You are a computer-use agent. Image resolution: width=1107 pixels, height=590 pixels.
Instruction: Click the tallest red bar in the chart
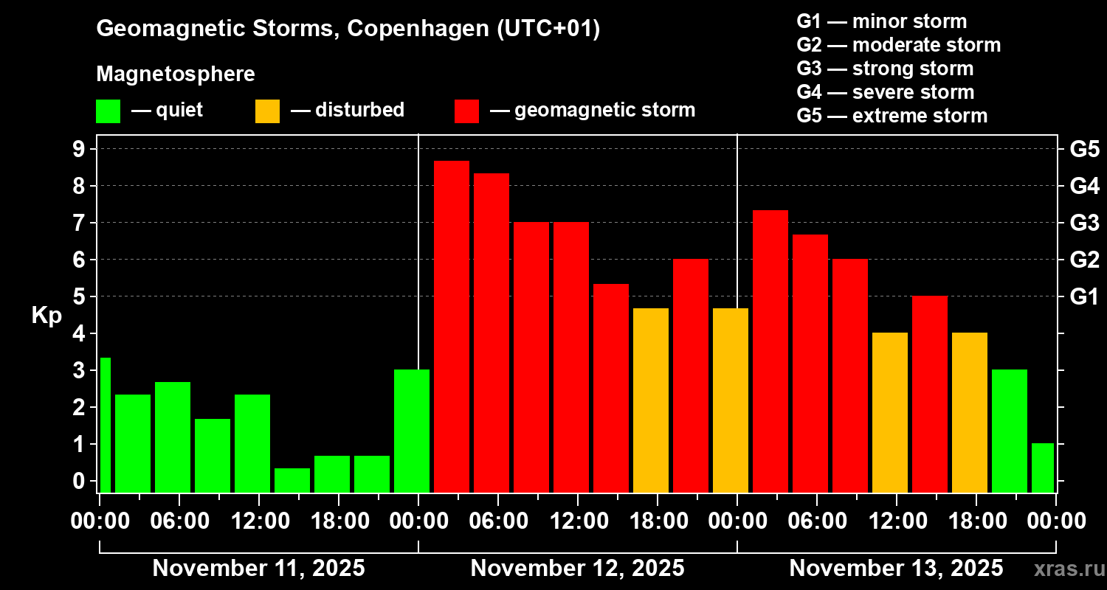pos(452,324)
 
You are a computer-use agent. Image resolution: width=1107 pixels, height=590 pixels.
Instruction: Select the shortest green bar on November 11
pos(292,480)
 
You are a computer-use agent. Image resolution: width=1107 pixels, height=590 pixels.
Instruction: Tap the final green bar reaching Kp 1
pos(1042,468)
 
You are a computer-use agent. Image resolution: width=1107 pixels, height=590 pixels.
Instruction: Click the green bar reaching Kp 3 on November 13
pos(1010,431)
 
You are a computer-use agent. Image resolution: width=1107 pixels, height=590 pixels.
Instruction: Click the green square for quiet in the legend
pos(108,111)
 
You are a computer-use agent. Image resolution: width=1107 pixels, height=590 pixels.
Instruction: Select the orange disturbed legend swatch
pos(267,111)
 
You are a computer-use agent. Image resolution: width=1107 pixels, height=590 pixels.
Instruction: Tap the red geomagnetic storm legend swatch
pos(466,111)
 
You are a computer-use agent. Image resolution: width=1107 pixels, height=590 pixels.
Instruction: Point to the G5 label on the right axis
pos(1084,150)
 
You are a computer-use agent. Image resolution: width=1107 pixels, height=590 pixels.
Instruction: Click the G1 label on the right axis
pos(1084,297)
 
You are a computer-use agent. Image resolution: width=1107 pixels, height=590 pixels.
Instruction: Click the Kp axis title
pos(46,316)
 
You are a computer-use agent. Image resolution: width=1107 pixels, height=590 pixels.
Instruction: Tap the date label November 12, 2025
pos(577,569)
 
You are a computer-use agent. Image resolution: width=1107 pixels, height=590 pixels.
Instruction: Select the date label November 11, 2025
pos(258,569)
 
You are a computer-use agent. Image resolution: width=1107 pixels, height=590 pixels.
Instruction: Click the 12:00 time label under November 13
pos(896,521)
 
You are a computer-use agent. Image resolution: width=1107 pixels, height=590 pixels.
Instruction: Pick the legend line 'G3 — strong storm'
pos(885,69)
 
